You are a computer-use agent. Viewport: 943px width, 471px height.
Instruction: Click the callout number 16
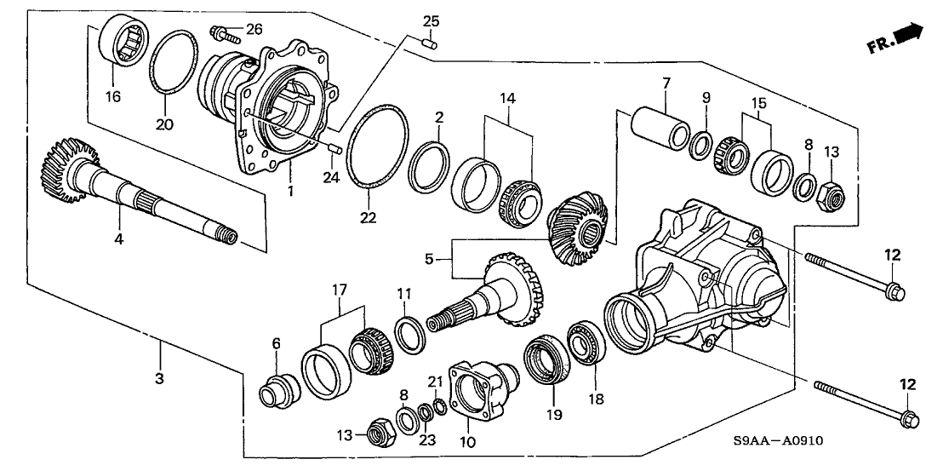point(112,97)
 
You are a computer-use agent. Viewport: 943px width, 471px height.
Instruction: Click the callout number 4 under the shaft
point(119,240)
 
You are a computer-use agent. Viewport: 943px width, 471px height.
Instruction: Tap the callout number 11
point(404,294)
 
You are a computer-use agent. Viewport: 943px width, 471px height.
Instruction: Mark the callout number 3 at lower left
point(158,376)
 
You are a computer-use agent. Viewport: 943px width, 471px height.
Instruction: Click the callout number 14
point(508,99)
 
